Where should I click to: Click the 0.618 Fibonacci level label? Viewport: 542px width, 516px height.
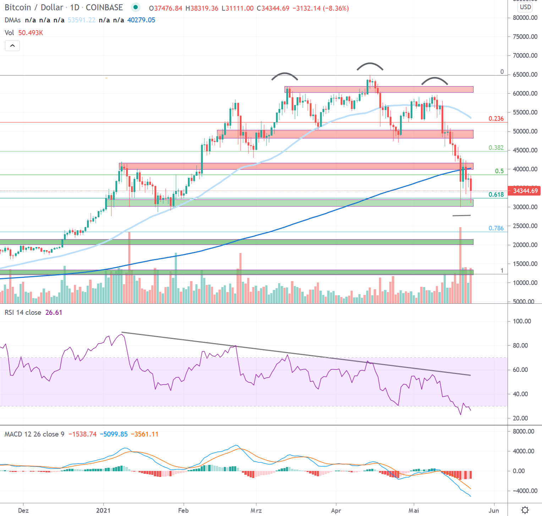click(x=496, y=194)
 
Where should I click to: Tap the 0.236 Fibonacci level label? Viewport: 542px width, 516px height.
click(x=496, y=119)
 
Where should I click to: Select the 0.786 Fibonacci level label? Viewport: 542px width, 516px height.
click(x=496, y=228)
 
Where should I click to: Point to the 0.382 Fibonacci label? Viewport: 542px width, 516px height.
click(x=496, y=148)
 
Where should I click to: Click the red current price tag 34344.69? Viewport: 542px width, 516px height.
click(x=525, y=191)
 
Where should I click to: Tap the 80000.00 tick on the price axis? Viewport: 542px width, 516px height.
click(x=525, y=18)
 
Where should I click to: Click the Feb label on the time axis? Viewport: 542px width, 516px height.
click(x=183, y=510)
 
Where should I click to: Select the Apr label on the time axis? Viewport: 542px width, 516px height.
click(x=336, y=510)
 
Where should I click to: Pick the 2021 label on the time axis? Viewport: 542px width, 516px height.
click(x=103, y=510)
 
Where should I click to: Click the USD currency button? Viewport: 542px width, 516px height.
click(x=525, y=7)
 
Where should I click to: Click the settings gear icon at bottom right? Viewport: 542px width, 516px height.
click(x=525, y=510)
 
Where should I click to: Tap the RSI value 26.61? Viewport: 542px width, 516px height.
click(x=54, y=312)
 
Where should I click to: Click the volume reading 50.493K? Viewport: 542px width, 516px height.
click(x=31, y=33)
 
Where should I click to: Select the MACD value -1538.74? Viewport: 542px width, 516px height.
click(x=82, y=434)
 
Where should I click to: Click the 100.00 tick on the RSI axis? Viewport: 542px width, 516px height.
click(x=522, y=321)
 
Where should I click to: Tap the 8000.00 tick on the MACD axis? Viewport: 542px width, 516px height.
click(x=523, y=431)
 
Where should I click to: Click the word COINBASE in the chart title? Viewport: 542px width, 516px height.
click(x=104, y=7)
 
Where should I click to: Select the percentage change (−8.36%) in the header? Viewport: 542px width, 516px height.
click(x=336, y=8)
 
